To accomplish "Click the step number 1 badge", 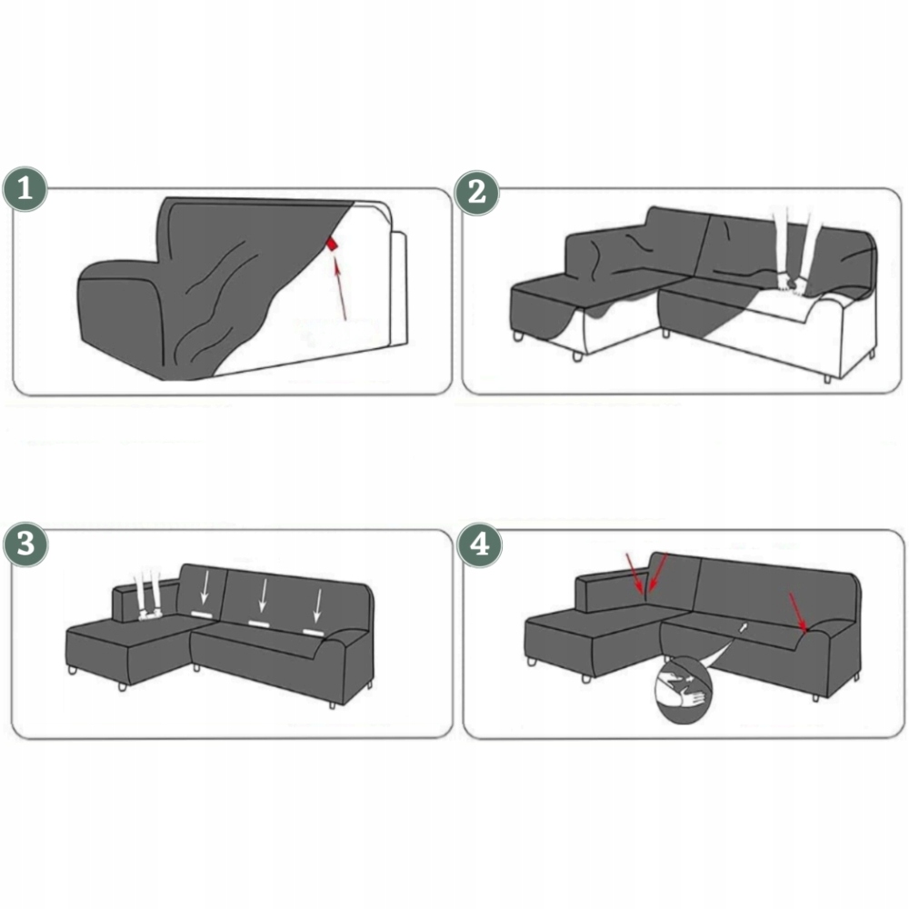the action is [x=25, y=190].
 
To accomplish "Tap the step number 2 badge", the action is [x=476, y=193].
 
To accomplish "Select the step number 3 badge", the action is [x=25, y=544].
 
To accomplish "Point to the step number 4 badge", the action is [x=479, y=545].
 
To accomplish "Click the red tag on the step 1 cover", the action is [x=332, y=244].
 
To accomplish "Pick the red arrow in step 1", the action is [x=340, y=288].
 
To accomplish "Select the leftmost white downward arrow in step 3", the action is [x=204, y=588].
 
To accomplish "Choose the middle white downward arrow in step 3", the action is [x=263, y=595].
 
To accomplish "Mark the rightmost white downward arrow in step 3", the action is [x=317, y=605].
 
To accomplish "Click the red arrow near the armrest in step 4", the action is [x=798, y=612].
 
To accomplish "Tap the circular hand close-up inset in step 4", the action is [x=683, y=690].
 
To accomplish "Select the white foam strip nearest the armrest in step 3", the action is [x=313, y=632].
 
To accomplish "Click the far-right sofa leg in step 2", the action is [x=873, y=352].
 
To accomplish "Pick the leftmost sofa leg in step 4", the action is [x=532, y=661].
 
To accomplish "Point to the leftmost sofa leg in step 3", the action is [x=73, y=670].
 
